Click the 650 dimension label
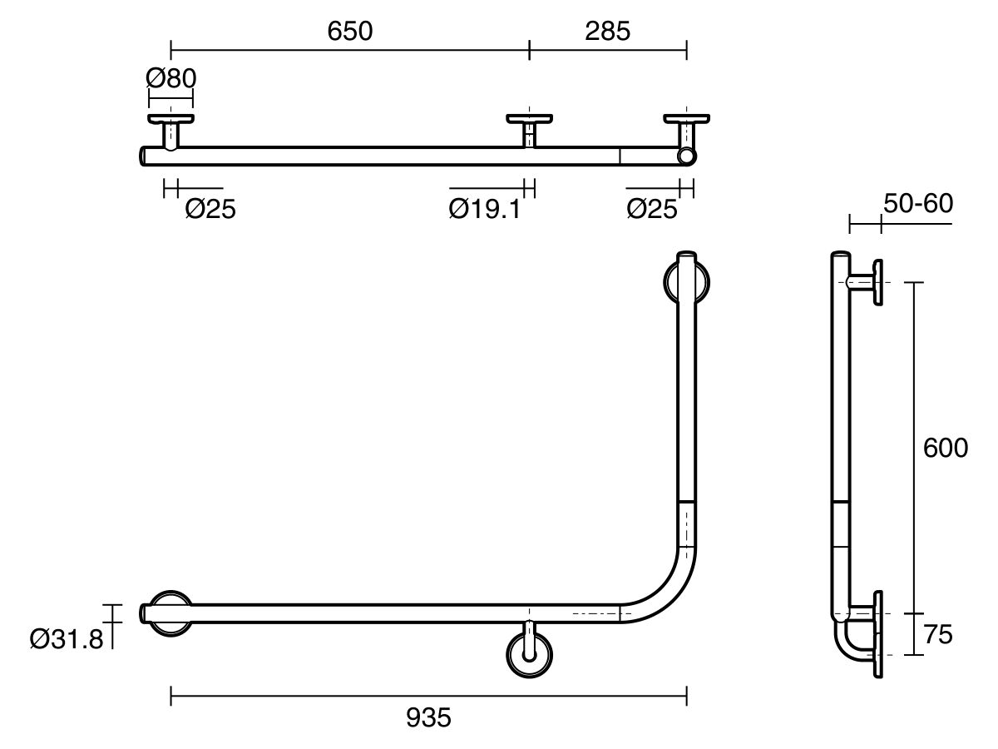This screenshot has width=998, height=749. pos(350,31)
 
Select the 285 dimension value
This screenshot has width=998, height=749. pos(607,31)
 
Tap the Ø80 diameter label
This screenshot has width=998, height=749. pos(170,79)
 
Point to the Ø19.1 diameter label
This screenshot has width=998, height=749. pos(484,208)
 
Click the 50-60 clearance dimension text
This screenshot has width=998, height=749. pos(918,203)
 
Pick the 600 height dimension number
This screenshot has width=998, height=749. pos(946,449)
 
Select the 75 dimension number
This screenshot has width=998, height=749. pos(937,635)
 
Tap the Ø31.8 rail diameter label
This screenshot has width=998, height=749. pos(65,639)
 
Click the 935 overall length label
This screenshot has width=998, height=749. pos(429,717)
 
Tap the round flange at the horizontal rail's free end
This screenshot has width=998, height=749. pos(170,614)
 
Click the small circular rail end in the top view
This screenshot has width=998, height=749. pos(687,156)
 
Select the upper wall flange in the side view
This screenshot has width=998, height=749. pos(877,283)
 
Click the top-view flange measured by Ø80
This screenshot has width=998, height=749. pos(170,119)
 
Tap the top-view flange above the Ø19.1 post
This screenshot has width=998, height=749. pos(529,119)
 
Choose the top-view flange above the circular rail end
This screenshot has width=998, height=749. pos(687,119)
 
